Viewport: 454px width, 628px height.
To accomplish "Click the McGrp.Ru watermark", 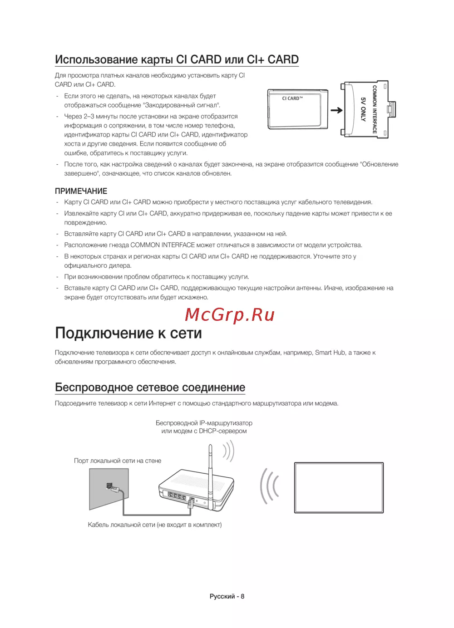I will [230, 314].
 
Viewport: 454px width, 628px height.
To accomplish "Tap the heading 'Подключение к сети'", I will [128, 334].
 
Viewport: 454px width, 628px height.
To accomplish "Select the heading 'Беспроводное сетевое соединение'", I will [150, 388].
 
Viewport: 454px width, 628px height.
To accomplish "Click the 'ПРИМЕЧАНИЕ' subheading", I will [81, 191].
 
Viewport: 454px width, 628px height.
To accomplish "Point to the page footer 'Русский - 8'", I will [227, 596].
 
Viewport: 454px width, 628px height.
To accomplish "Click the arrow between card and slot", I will [336, 110].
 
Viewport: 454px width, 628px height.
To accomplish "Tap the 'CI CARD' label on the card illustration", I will [292, 98].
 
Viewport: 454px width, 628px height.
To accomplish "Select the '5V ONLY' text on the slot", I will [363, 109].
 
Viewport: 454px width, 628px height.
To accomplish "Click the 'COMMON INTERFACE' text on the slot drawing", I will [375, 109].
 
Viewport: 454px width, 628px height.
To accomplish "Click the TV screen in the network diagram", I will [339, 487].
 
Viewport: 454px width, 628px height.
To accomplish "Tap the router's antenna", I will [210, 472].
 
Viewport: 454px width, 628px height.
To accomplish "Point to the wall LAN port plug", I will [111, 487].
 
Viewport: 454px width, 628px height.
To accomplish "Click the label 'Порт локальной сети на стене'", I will [118, 461].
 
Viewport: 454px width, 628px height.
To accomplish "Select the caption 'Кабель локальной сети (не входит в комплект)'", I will [155, 525].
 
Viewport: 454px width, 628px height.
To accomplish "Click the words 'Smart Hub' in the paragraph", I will [330, 353].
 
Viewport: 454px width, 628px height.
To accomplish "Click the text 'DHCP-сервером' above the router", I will [223, 431].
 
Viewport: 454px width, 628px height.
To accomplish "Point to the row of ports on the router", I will [177, 496].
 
